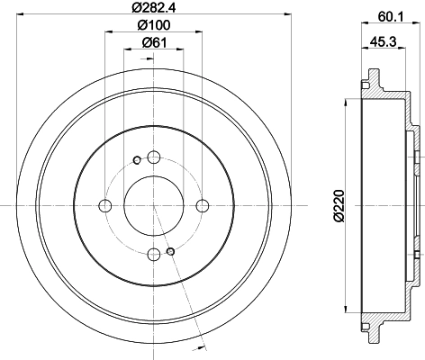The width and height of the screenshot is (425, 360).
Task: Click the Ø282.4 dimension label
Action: pyautogui.click(x=154, y=6)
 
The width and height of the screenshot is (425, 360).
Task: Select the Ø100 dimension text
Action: pyautogui.click(x=154, y=25)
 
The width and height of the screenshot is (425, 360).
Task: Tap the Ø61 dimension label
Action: pyautogui.click(x=154, y=43)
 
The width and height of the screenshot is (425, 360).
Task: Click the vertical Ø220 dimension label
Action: pyautogui.click(x=339, y=205)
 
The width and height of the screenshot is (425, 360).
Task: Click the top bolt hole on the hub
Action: pyautogui.click(x=154, y=157)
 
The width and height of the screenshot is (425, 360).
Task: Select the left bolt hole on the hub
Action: pyautogui.click(x=105, y=205)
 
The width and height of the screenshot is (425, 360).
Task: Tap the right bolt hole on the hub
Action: pyautogui.click(x=203, y=205)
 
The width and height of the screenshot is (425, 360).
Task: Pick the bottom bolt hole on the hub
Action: pyautogui.click(x=154, y=255)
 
